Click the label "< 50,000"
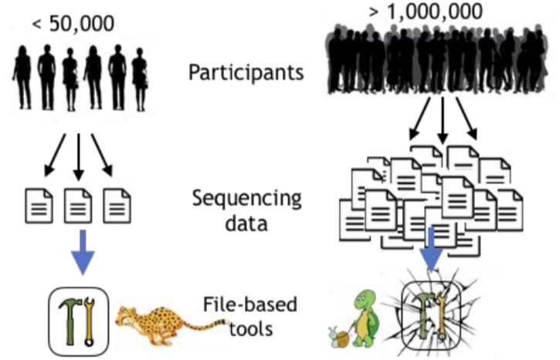[x=73, y=23]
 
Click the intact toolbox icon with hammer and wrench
[x=77, y=317]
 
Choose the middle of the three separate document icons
[x=77, y=204]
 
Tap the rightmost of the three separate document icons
[x=117, y=204]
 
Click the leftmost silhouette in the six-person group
[x=22, y=77]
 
